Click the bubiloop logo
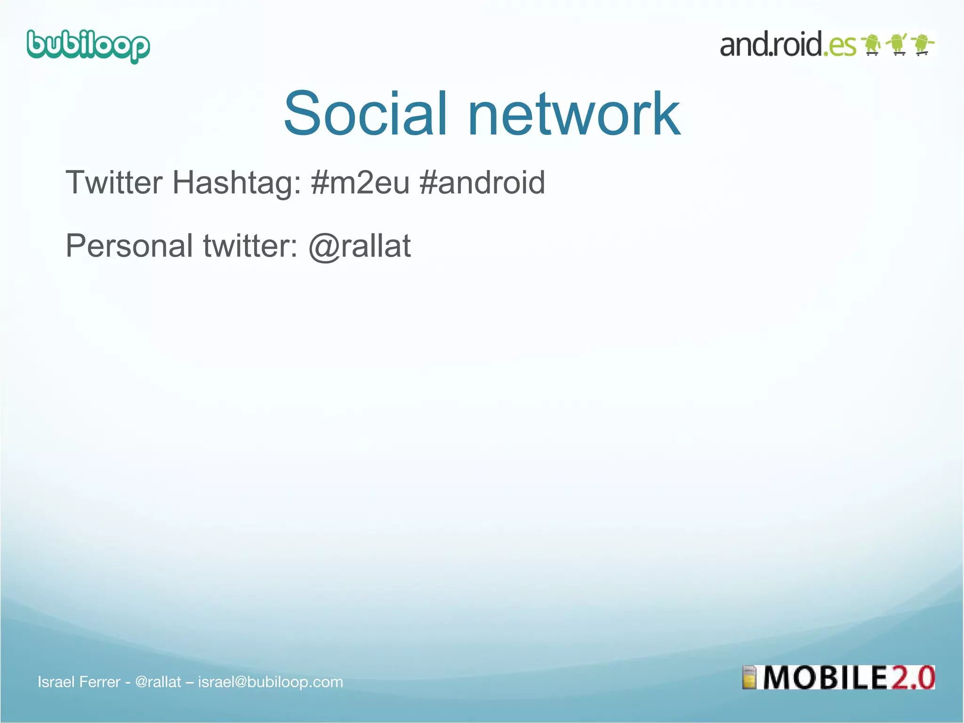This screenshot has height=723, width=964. point(88,46)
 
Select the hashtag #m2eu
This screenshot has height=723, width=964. point(360,183)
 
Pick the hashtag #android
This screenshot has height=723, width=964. point(482,183)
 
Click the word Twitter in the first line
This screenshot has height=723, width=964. point(114,183)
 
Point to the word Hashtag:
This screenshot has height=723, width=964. point(237,183)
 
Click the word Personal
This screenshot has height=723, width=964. point(129,246)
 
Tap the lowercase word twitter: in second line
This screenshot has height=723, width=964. point(250,246)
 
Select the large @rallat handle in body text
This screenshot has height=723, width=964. point(360,246)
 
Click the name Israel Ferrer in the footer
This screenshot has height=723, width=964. point(79,682)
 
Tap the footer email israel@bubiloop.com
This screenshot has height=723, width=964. point(270,682)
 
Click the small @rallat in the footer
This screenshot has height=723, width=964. point(158,682)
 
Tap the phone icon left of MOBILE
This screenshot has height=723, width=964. point(749,678)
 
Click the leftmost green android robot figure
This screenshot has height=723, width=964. point(872,44)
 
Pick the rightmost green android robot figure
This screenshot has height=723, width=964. point(923,44)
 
